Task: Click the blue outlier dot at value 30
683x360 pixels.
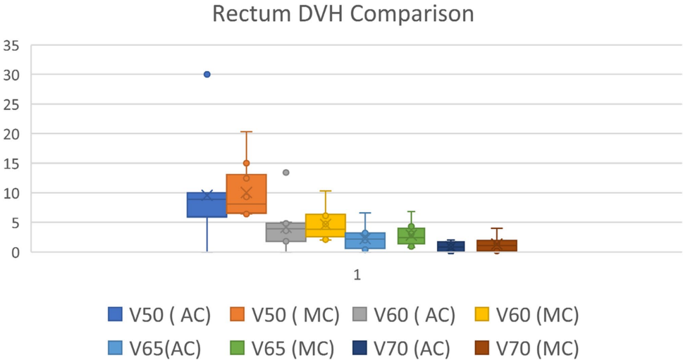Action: (x=207, y=74)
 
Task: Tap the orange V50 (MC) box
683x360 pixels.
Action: (x=246, y=194)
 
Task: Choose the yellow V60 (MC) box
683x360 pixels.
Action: (x=325, y=225)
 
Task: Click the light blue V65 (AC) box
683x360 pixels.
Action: (x=364, y=241)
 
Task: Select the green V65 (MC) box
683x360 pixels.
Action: (x=411, y=236)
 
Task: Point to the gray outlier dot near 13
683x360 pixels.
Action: (x=285, y=173)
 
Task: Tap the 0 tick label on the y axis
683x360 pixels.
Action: (x=15, y=252)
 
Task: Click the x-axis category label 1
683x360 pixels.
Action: (x=357, y=275)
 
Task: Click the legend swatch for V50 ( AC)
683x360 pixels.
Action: (x=114, y=315)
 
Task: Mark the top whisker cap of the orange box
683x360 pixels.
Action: (x=246, y=132)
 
